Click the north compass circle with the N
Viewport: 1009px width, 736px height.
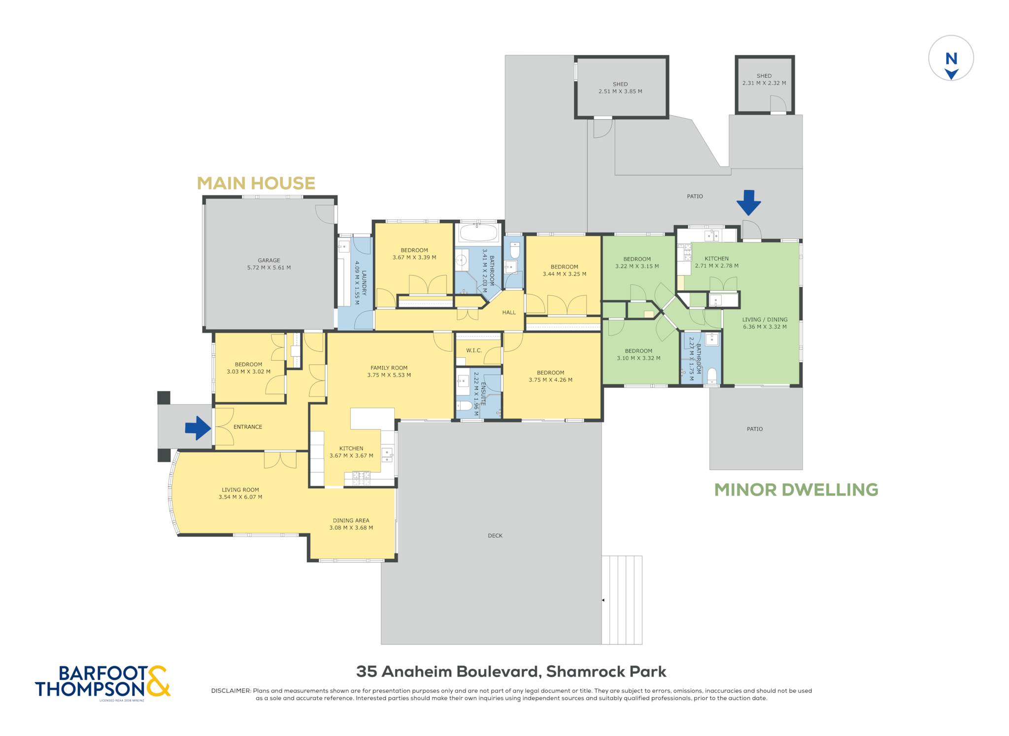click(x=951, y=58)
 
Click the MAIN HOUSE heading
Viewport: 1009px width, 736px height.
click(x=256, y=183)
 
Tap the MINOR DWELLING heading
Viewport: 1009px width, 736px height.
click(x=796, y=490)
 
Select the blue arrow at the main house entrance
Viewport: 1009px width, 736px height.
click(x=198, y=428)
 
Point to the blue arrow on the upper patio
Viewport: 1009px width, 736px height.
click(x=748, y=203)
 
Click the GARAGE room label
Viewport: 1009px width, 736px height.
click(x=269, y=261)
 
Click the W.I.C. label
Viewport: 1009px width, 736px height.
click(x=474, y=351)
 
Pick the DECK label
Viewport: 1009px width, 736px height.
click(x=495, y=535)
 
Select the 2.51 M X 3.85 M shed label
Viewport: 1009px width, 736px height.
click(x=620, y=91)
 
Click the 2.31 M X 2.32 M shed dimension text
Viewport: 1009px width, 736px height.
click(x=764, y=83)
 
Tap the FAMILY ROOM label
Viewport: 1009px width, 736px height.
click(x=389, y=368)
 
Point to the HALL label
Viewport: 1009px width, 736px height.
click(x=509, y=312)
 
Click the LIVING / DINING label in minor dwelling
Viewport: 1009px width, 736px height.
click(x=765, y=319)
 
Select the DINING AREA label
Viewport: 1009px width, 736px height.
click(x=351, y=520)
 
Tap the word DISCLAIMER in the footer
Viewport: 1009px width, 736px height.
click(x=231, y=691)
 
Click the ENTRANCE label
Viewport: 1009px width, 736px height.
click(x=248, y=427)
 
